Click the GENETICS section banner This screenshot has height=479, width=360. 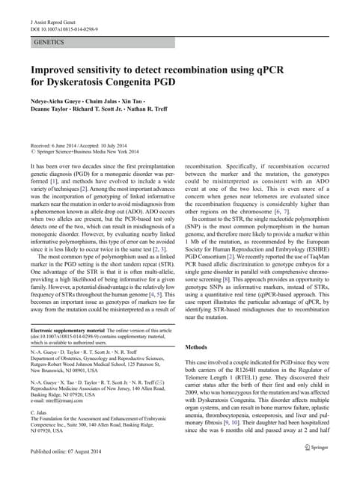point(52,43)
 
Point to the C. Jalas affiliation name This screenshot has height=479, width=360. point(37,412)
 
